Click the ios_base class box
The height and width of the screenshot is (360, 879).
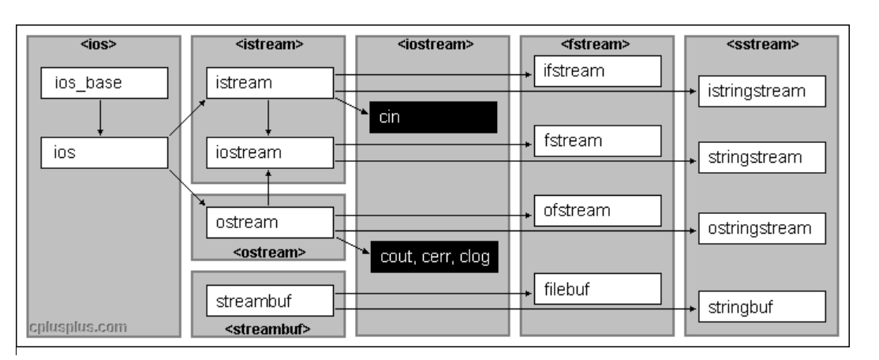(x=104, y=83)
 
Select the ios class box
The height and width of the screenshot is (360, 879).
(x=104, y=152)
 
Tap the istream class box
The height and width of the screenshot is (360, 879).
(x=270, y=83)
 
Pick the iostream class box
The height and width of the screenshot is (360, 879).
(x=270, y=152)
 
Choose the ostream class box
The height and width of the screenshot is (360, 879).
(x=270, y=222)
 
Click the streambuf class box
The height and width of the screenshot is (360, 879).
(x=270, y=300)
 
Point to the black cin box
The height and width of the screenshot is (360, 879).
(x=433, y=117)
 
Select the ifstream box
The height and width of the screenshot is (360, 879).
(x=597, y=72)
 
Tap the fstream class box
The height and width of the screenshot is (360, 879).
(x=597, y=141)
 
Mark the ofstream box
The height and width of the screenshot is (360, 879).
(x=597, y=211)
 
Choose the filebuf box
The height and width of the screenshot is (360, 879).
(x=597, y=289)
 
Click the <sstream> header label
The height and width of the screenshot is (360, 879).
(x=760, y=43)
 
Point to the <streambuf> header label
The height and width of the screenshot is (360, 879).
(x=269, y=327)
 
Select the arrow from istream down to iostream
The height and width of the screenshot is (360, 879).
(x=269, y=118)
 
